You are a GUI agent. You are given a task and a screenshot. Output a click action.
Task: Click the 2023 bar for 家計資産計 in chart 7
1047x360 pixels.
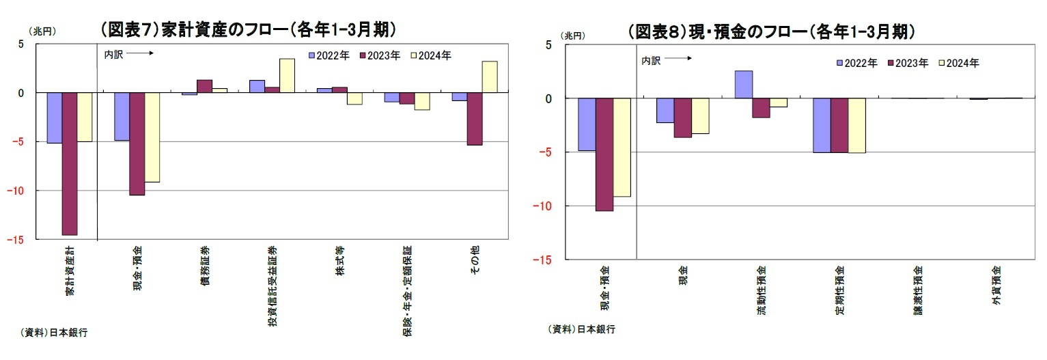pos(70,163)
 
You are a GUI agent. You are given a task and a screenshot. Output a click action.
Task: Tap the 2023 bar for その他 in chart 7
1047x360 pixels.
pos(475,119)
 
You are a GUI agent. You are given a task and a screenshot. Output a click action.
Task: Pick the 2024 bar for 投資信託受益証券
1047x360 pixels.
pos(287,75)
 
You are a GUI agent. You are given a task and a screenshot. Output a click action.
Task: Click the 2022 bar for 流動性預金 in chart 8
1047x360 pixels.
pos(744,85)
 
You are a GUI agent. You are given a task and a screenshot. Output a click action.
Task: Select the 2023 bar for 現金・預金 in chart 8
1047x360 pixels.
pos(604,154)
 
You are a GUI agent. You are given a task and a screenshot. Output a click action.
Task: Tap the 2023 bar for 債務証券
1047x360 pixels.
pos(204,86)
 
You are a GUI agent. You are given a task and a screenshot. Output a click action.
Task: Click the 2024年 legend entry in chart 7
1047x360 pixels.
pos(430,55)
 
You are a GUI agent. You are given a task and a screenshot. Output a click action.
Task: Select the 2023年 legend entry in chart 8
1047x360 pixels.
pos(907,63)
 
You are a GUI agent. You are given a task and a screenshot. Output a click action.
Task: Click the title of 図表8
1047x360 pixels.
pos(771,31)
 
